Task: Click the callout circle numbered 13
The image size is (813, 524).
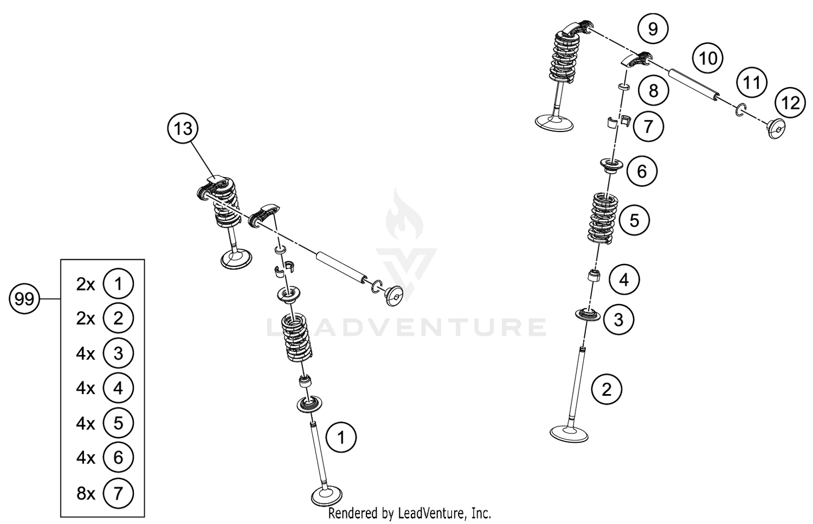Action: coord(183,129)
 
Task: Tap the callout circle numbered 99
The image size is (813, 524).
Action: coord(25,299)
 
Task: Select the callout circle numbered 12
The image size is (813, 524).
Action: coord(790,102)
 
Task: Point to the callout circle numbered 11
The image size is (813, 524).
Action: coord(751,83)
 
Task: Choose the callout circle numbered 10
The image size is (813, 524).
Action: coord(708,58)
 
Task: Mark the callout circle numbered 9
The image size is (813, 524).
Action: coord(653,28)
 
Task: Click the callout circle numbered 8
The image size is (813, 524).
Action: coord(653,90)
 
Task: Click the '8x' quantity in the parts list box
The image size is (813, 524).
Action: coord(85,493)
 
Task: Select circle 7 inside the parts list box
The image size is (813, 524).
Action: coord(118,493)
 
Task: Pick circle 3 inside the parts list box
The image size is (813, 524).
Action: coord(118,353)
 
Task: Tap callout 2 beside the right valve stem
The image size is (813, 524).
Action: coord(606,389)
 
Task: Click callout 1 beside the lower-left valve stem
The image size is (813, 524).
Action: coord(341,437)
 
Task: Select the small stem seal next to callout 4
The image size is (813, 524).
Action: coord(594,276)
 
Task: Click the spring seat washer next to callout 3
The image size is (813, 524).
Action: coord(588,315)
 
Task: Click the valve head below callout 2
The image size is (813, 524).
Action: coord(569,433)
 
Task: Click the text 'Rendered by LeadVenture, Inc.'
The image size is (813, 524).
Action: coord(410,513)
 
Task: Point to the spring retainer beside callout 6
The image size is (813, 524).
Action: coord(611,165)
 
